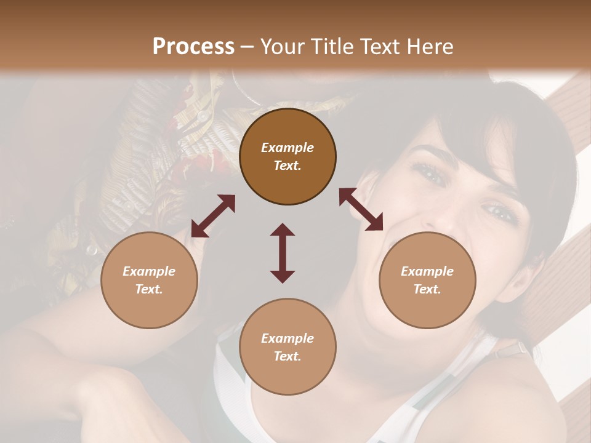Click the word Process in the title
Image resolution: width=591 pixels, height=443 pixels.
(193, 47)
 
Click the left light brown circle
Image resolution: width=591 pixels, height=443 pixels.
(149, 280)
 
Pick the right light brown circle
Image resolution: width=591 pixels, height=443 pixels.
(427, 280)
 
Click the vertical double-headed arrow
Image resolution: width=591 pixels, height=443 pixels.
(283, 253)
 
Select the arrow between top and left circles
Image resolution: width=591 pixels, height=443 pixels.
(213, 216)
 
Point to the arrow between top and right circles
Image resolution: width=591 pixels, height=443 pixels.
(361, 209)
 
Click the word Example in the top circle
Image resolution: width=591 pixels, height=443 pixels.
(287, 148)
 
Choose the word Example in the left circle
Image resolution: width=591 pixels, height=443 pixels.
(149, 271)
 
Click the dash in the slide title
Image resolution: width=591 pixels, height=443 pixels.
(247, 47)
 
